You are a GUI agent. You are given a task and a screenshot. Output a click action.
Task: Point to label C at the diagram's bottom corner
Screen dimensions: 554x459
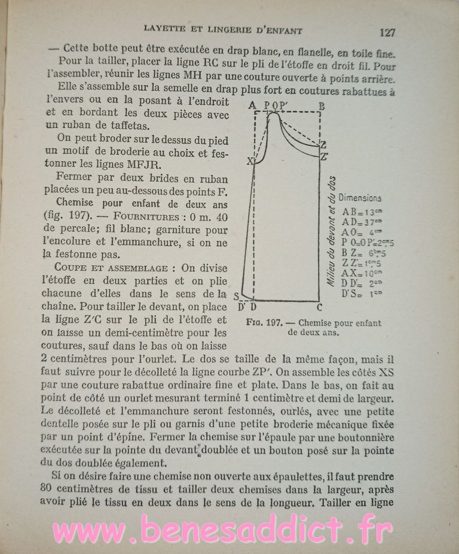(319, 308)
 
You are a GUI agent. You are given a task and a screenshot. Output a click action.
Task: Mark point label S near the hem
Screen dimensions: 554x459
(236, 296)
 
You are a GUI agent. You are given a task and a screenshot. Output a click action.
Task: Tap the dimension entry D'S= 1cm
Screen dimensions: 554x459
(361, 293)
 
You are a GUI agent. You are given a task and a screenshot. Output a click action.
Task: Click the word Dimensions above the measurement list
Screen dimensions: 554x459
(360, 198)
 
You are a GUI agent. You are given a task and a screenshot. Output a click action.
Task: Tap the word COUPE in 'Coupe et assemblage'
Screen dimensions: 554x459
(70, 266)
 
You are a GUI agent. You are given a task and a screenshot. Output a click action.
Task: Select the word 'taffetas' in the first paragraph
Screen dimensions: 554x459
(127, 125)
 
